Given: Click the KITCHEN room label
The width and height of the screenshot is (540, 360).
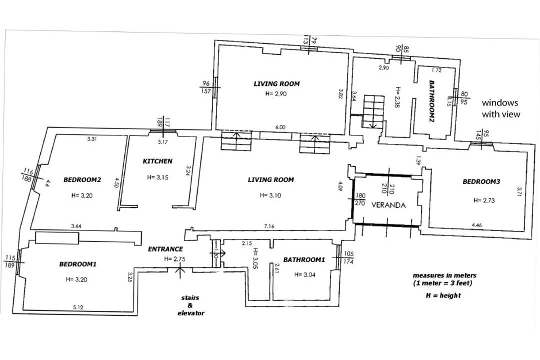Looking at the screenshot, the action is pyautogui.click(x=157, y=161).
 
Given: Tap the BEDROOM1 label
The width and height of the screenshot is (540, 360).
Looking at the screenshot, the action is pyautogui.click(x=78, y=264).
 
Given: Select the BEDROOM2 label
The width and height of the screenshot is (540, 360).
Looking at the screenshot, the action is pyautogui.click(x=82, y=180).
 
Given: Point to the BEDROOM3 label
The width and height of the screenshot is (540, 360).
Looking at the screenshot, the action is pyautogui.click(x=481, y=181).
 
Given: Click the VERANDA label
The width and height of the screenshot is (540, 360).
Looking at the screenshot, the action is pyautogui.click(x=388, y=205).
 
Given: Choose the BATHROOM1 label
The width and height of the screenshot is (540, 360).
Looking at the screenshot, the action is pyautogui.click(x=304, y=260).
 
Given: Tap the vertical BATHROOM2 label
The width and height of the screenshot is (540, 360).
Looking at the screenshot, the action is pyautogui.click(x=432, y=101).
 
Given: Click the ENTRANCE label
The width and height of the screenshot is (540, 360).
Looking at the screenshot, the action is pyautogui.click(x=165, y=249).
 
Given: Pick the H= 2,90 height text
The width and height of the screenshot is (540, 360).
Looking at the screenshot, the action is pyautogui.click(x=276, y=93).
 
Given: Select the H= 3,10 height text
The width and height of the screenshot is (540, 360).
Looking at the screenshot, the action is pyautogui.click(x=270, y=195).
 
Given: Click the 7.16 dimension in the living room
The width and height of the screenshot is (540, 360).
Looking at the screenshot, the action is pyautogui.click(x=269, y=226).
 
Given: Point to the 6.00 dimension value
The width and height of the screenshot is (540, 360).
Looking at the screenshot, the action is pyautogui.click(x=280, y=127).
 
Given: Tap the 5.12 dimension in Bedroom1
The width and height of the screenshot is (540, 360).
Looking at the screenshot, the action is pyautogui.click(x=78, y=307).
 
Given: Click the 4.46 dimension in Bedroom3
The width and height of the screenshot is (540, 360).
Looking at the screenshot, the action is pyautogui.click(x=476, y=225).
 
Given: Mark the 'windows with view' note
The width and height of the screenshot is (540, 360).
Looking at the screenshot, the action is pyautogui.click(x=501, y=108).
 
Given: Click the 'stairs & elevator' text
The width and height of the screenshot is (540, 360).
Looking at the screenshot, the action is pyautogui.click(x=191, y=305).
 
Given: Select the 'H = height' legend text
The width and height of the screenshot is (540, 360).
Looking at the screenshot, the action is pyautogui.click(x=443, y=295).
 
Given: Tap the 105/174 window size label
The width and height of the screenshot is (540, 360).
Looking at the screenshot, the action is pyautogui.click(x=348, y=257).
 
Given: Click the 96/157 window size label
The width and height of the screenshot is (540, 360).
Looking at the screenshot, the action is pyautogui.click(x=206, y=87).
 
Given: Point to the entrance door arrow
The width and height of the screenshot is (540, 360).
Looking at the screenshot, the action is pyautogui.click(x=179, y=268).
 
